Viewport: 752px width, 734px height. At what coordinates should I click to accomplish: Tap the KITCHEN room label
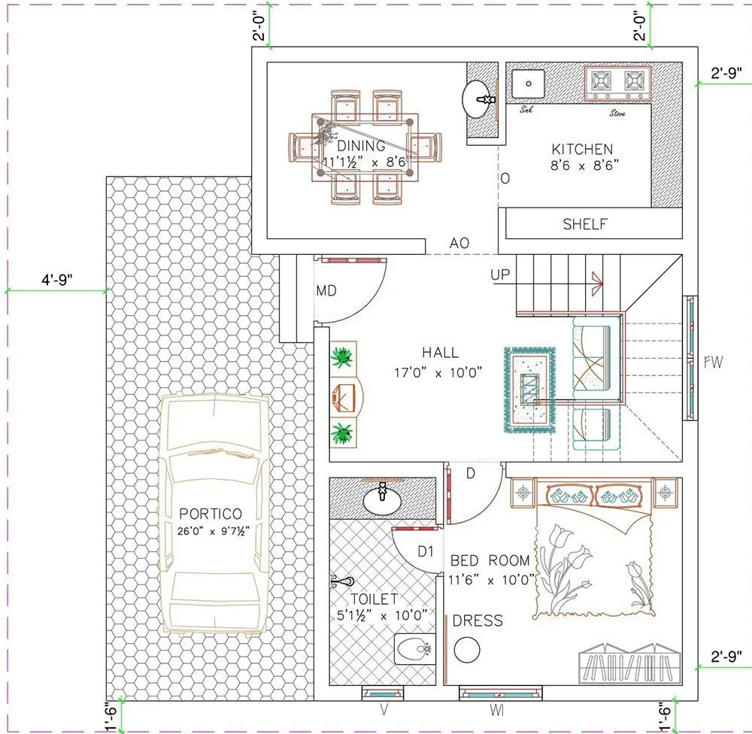pos(582,149)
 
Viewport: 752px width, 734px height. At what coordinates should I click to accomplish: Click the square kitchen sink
pos(529,83)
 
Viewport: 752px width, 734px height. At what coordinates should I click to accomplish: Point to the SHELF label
pos(584,224)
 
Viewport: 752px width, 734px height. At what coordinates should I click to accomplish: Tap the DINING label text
pos(361,146)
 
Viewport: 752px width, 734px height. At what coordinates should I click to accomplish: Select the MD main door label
pos(326,290)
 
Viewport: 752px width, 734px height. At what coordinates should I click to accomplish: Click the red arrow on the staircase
pos(598,282)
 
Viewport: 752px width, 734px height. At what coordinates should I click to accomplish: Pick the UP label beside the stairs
pos(500,275)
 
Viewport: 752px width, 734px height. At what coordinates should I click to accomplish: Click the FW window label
pos(713,362)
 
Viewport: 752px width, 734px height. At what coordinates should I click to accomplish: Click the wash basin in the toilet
pos(383,498)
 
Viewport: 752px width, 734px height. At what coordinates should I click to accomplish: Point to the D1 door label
pos(426,551)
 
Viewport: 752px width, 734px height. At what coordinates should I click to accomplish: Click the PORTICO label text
pos(211,514)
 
